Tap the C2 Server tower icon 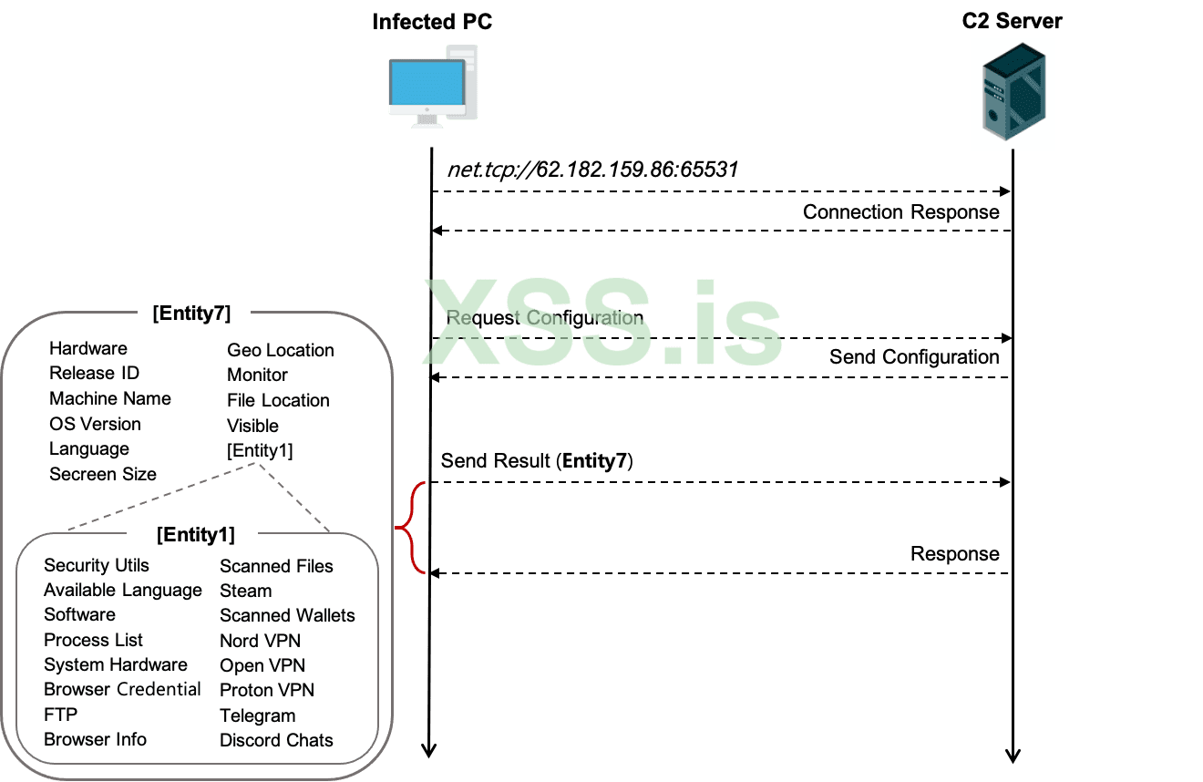pos(1012,94)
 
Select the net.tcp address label pos(592,170)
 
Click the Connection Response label pos(900,212)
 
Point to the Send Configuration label pos(914,357)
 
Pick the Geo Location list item pos(280,350)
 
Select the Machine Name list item pos(110,398)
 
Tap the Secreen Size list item pos(103,474)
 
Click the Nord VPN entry pos(260,641)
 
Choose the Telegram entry pos(257,715)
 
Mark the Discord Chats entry pos(276,740)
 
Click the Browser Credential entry pos(122,689)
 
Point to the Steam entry pos(245,591)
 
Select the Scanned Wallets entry pos(287,615)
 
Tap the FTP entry pos(61,715)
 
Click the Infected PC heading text pos(432,22)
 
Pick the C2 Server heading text pos(1012,21)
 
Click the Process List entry pos(93,640)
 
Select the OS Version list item pos(95,424)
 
